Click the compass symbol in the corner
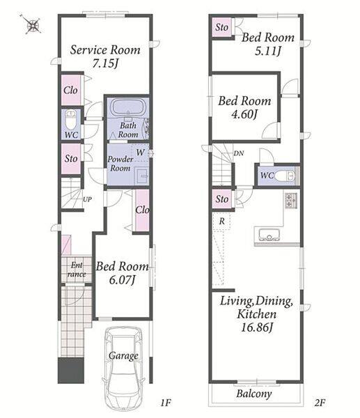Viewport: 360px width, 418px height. (33, 25)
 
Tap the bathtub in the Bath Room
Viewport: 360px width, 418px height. (128, 107)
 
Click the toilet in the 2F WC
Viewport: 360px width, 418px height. (284, 176)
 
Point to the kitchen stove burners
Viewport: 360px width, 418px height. (290, 201)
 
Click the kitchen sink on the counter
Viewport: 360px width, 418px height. (269, 235)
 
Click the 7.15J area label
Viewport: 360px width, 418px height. (105, 63)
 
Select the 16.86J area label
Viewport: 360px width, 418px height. (257, 327)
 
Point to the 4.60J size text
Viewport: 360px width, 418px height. (244, 115)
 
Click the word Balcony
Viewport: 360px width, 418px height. (254, 394)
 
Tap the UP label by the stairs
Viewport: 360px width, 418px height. (88, 199)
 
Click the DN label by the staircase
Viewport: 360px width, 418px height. (238, 153)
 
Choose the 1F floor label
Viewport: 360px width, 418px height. (166, 403)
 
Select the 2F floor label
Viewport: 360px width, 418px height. (320, 403)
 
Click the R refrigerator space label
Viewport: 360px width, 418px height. (222, 221)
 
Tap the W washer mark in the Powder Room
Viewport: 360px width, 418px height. (140, 152)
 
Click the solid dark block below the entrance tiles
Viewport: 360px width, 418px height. (71, 371)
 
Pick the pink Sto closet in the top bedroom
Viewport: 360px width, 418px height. (221, 27)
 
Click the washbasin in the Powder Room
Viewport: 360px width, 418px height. (141, 176)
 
